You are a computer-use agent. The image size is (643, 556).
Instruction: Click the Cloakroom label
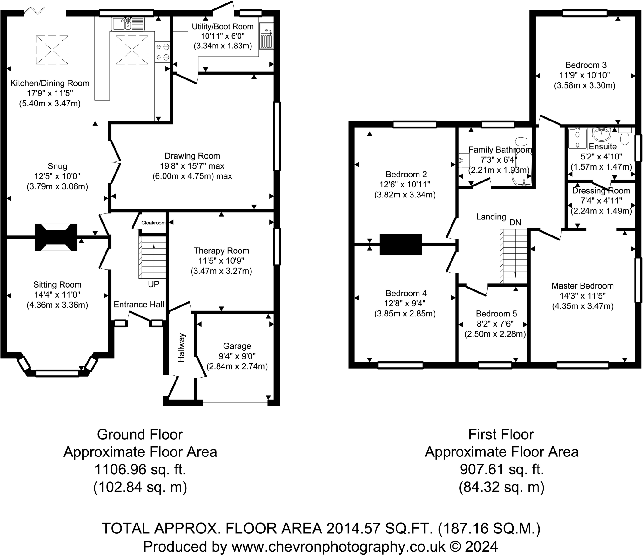(153, 223)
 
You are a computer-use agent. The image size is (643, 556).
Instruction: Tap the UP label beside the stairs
(154, 284)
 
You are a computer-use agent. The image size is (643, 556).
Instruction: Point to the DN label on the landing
(515, 222)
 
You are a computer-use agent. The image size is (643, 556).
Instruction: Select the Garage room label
(237, 346)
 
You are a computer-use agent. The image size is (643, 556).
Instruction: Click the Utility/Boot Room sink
(267, 36)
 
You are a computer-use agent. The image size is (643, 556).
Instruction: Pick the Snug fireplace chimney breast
(56, 237)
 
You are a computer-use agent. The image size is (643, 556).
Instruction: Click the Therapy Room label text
(221, 251)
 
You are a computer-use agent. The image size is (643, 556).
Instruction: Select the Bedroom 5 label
(496, 314)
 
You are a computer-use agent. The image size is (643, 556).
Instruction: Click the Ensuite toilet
(625, 136)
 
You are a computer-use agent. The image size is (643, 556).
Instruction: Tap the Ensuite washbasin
(601, 134)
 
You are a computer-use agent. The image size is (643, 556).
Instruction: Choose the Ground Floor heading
(140, 435)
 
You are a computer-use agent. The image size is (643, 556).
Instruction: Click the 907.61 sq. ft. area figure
(501, 470)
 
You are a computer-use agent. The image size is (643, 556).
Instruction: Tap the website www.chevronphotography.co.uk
(338, 547)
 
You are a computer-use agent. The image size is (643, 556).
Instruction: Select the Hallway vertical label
(181, 348)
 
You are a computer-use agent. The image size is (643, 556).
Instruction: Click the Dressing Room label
(601, 191)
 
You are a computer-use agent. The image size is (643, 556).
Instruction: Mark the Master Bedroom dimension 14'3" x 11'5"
(583, 296)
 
